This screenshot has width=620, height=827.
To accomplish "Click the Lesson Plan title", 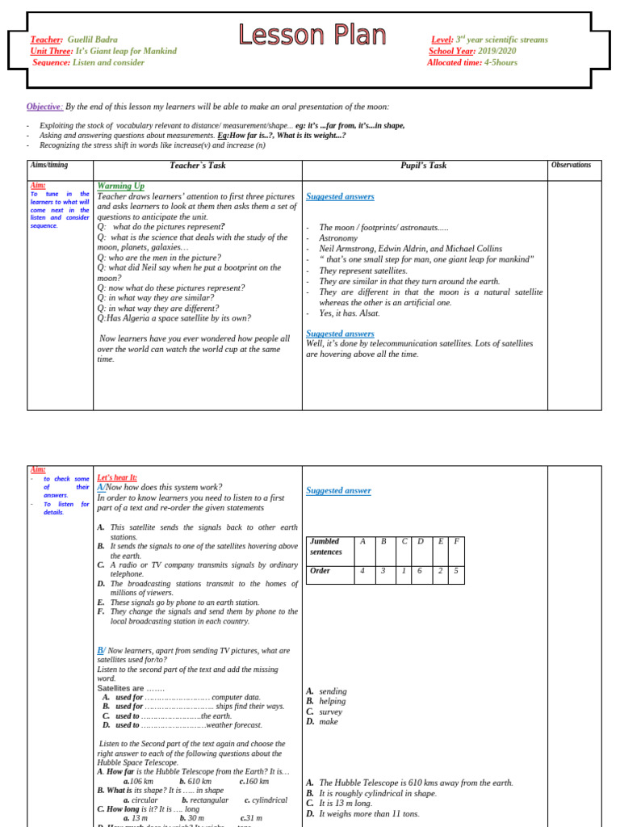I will pyautogui.click(x=312, y=35).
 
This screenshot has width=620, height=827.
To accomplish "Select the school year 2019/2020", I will pyautogui.click(x=496, y=51).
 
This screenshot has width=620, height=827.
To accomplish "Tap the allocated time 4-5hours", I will pyautogui.click(x=501, y=62).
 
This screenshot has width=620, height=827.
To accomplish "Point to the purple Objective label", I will pyautogui.click(x=44, y=107).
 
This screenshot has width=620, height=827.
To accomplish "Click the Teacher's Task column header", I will pyautogui.click(x=198, y=166).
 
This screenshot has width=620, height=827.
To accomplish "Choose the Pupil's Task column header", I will pyautogui.click(x=424, y=166).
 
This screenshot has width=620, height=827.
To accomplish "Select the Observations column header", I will pyautogui.click(x=571, y=166).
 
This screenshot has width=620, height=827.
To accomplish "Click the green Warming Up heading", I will pyautogui.click(x=120, y=186).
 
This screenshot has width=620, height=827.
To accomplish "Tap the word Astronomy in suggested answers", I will pyautogui.click(x=337, y=238).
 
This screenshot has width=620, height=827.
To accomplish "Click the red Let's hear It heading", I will pyautogui.click(x=117, y=477).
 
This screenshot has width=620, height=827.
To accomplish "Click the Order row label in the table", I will pyautogui.click(x=321, y=571).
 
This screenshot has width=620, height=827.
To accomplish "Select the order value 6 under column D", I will pyautogui.click(x=420, y=571).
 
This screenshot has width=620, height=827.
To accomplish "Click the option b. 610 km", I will pyautogui.click(x=195, y=781).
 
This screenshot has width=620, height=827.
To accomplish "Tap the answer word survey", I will pyautogui.click(x=331, y=712).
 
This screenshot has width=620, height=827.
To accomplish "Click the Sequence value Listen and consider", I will pyautogui.click(x=108, y=62).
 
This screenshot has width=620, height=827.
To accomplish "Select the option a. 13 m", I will pyautogui.click(x=136, y=818).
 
